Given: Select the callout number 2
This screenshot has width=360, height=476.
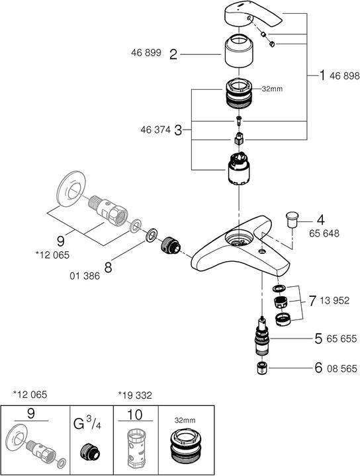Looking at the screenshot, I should [173, 56].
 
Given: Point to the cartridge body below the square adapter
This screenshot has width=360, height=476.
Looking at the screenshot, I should [238, 171].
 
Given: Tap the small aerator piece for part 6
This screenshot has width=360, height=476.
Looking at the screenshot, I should [262, 368].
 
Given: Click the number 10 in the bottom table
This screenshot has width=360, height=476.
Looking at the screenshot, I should [136, 415].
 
